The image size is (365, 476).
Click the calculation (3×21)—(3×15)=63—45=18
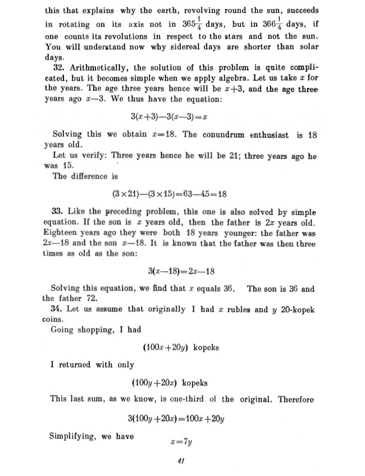pos(170,194)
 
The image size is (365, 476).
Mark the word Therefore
pos(294,399)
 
